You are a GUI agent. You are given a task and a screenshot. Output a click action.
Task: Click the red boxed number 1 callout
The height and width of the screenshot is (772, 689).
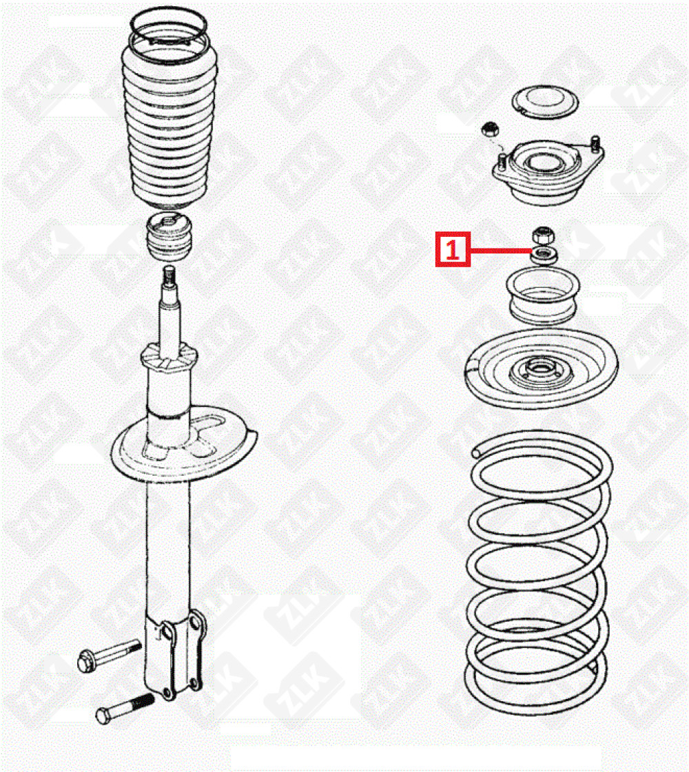point(453,249)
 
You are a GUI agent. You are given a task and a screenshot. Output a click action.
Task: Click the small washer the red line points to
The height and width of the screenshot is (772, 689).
point(543,255)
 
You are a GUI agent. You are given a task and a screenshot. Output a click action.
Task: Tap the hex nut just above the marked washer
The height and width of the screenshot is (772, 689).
point(543,235)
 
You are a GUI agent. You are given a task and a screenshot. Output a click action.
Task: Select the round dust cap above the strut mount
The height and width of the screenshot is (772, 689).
point(545,102)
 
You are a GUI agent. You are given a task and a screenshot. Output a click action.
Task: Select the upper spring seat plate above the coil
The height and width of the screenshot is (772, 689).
point(542,369)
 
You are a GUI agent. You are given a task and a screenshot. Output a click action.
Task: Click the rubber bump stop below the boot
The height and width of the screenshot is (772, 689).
point(169,238)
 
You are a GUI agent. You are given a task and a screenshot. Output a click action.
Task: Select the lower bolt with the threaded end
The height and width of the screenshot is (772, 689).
point(125,707)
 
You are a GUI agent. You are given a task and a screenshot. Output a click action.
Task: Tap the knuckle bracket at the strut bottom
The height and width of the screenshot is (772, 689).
point(175,655)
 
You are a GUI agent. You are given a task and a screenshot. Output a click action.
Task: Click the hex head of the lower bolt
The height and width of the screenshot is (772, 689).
point(103,716)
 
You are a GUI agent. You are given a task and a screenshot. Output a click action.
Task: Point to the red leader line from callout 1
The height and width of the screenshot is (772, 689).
point(500,250)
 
